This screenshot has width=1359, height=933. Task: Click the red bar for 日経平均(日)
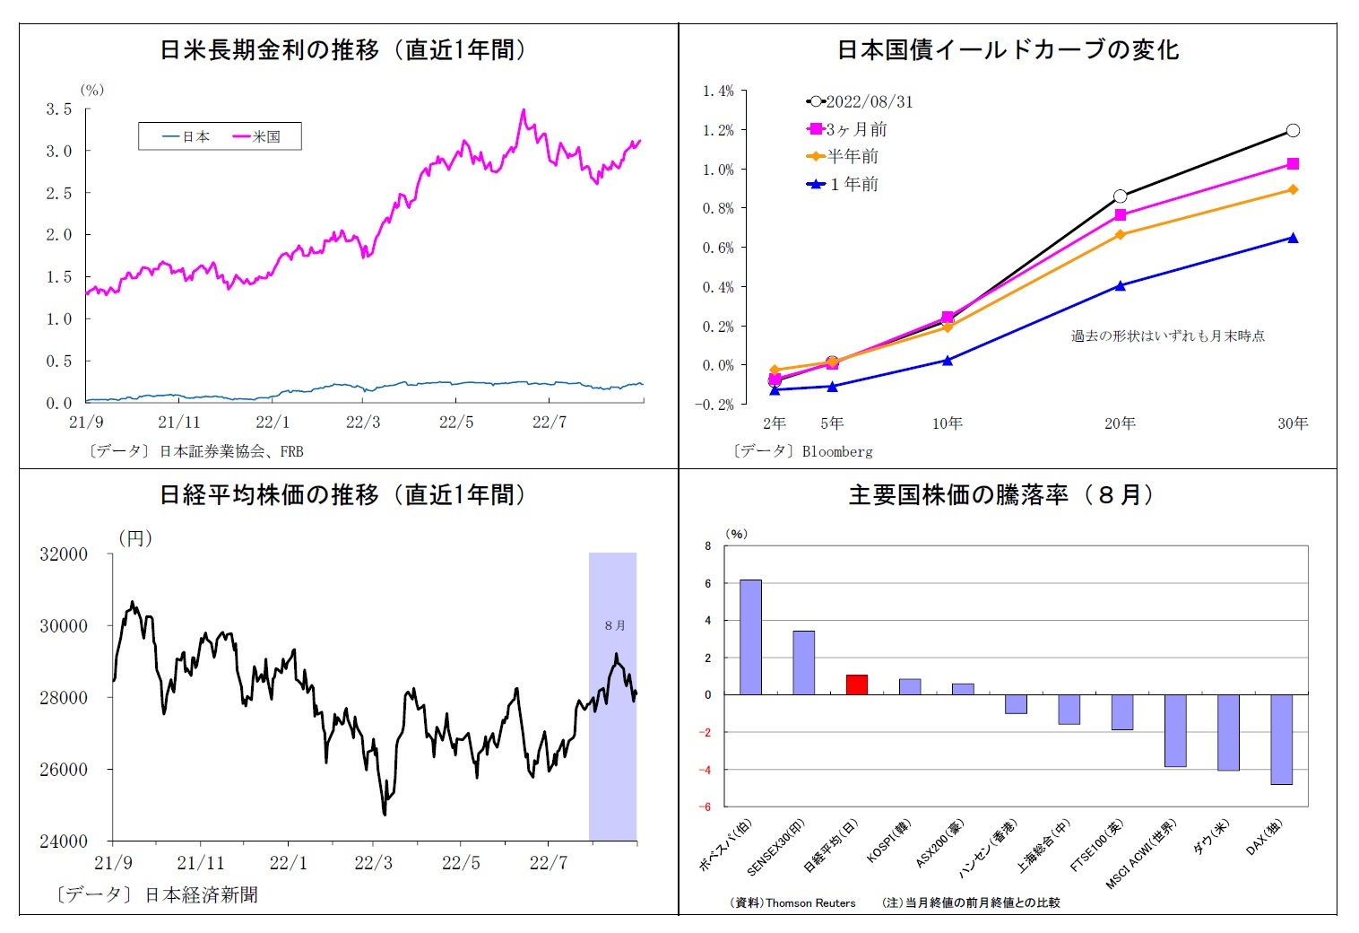coord(857,684)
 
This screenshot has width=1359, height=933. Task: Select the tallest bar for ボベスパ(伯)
coord(750,637)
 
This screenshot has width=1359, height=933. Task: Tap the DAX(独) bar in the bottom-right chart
coord(1281,739)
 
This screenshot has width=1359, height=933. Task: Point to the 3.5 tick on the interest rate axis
coord(59,109)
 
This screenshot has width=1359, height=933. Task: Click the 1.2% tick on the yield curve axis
coord(717,130)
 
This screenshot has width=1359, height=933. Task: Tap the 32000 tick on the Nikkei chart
coord(64,554)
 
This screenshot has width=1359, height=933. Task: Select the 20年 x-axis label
coord(1120,423)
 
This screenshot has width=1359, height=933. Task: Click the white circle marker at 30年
coord(1293,130)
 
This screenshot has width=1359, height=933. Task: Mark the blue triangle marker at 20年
coord(1121,285)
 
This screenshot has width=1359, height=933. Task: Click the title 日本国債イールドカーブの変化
coord(1008,50)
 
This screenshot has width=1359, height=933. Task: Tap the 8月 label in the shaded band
coord(615,625)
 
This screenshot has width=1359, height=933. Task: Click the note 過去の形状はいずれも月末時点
coord(1167,336)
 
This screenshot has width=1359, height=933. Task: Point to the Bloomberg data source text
coord(836,451)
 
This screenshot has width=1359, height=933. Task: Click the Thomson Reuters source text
coord(809,902)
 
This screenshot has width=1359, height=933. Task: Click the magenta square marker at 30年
coord(1293,164)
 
